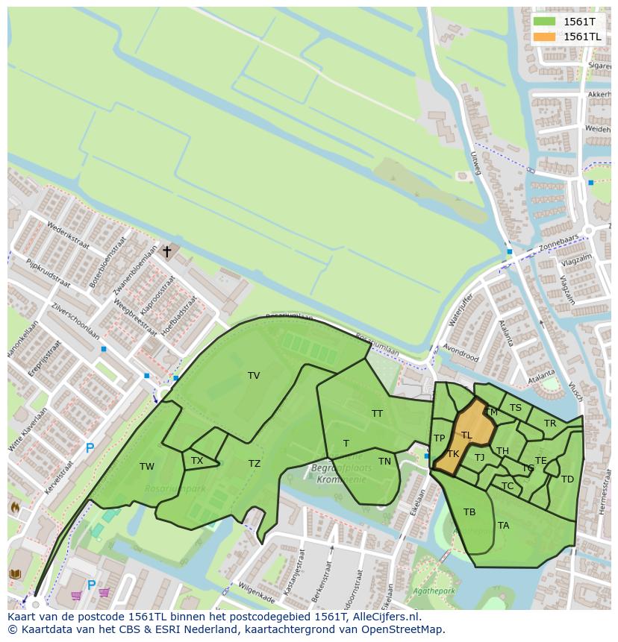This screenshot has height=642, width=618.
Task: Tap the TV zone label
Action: [254, 376]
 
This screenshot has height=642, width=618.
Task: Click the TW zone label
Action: [147, 467]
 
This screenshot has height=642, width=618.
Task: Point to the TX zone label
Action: [197, 461]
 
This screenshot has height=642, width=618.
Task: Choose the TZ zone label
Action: [255, 464]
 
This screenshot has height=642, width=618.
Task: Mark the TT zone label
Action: [377, 413]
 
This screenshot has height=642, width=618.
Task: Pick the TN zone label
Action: [384, 462]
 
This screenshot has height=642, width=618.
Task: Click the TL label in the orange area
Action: [466, 435]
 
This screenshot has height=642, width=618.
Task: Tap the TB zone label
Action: [469, 512]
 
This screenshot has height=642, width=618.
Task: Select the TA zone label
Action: [504, 526]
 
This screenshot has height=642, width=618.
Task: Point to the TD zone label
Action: [567, 479]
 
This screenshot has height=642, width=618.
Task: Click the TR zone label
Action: [550, 424]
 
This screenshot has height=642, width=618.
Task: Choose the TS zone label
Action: [516, 408]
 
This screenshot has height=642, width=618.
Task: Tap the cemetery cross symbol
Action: [166, 252]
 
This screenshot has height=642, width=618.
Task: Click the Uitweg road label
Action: [475, 163]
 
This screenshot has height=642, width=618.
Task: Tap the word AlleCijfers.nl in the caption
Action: [387, 617]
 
